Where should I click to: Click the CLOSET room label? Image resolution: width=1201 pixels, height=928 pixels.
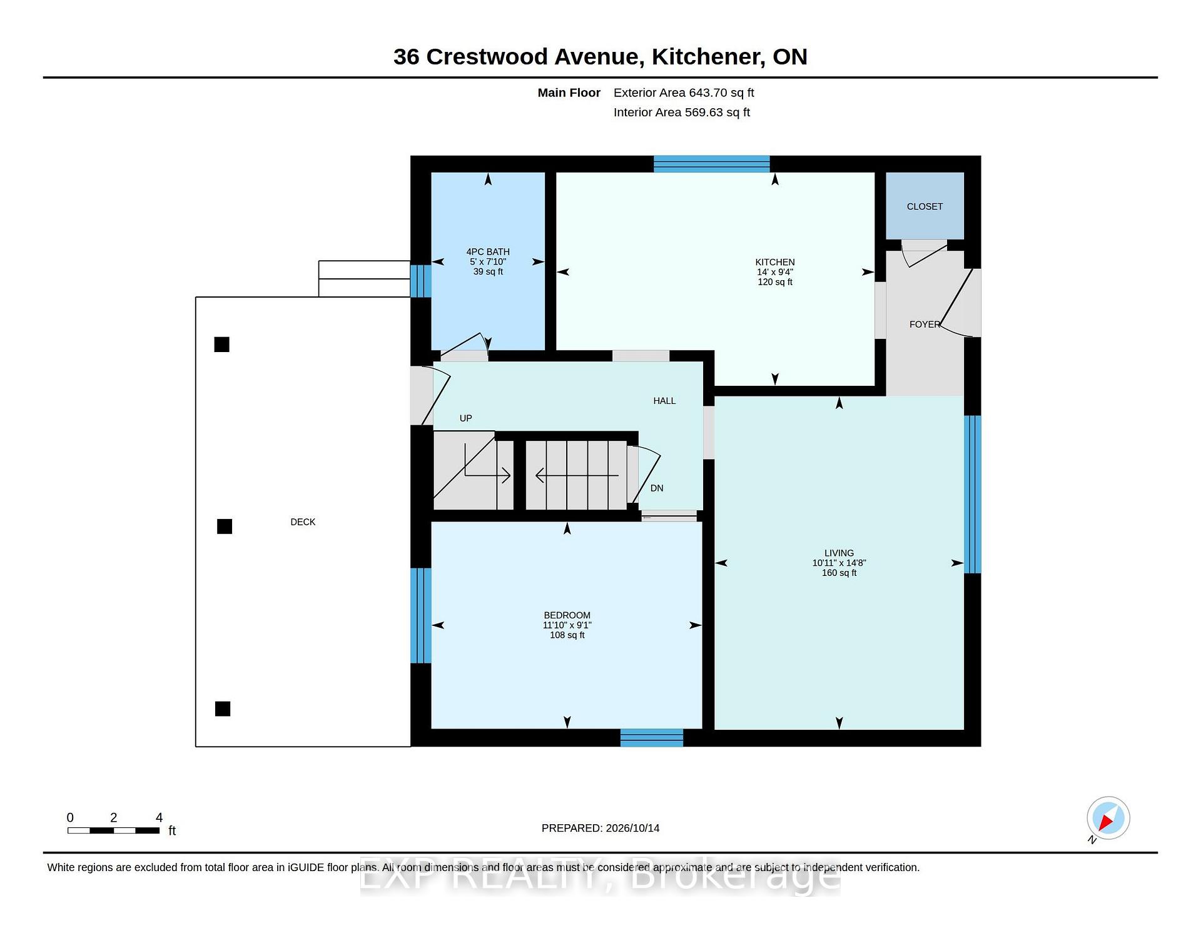(925, 206)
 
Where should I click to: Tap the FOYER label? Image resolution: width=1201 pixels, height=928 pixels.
(925, 324)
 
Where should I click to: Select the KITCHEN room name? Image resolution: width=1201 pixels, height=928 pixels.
(774, 262)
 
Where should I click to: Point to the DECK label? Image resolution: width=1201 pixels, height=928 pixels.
(303, 522)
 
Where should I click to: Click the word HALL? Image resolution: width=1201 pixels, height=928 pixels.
(664, 401)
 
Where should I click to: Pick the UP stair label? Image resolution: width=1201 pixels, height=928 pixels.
(465, 418)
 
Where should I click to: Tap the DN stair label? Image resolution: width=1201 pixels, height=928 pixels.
(657, 488)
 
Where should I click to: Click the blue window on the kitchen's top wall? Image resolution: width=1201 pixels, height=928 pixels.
(712, 164)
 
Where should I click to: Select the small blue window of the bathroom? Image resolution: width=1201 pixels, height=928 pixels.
(421, 281)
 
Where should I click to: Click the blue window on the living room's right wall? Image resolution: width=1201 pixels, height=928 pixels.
(973, 494)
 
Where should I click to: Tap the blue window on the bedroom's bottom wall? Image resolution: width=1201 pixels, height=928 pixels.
(652, 738)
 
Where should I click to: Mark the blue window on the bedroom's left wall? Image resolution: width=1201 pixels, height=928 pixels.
(421, 615)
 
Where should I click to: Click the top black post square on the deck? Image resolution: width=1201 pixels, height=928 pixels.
(222, 345)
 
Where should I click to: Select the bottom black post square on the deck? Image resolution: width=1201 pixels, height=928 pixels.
(223, 709)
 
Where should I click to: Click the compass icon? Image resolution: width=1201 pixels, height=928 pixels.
(1108, 818)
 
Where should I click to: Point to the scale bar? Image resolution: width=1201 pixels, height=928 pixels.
(114, 830)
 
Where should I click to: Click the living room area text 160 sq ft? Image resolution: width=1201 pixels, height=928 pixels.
(839, 573)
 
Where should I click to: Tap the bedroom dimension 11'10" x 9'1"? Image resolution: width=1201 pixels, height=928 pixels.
(567, 625)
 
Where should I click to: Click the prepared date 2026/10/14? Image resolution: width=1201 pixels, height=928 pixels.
(632, 828)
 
